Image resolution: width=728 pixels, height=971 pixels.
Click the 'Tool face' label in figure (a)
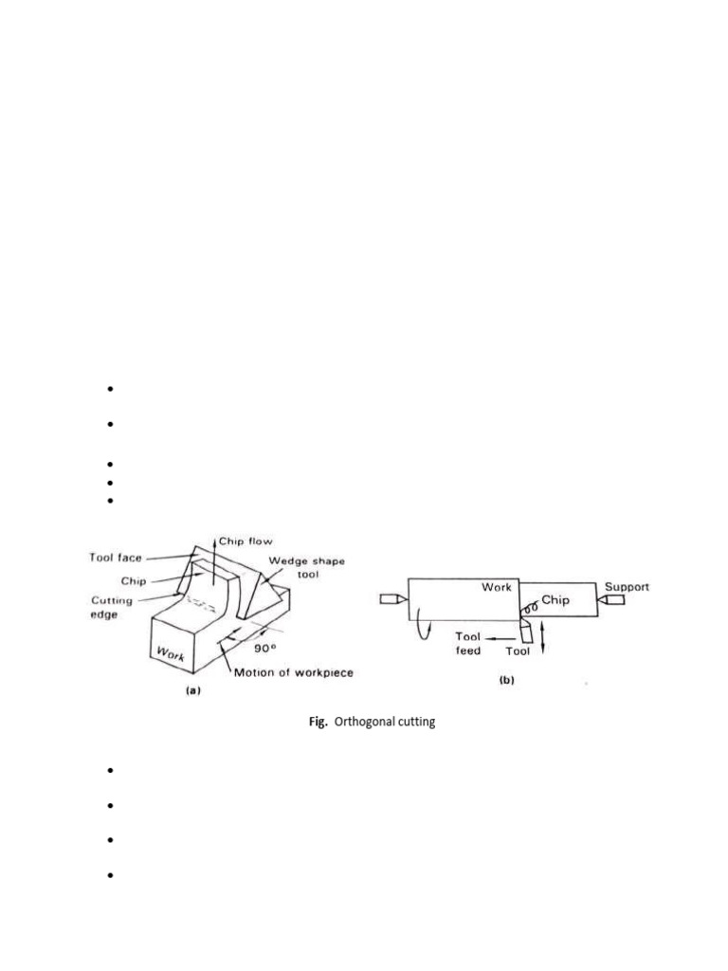[116, 559]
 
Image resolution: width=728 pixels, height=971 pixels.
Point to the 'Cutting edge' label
[112, 608]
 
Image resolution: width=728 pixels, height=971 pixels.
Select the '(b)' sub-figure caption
[508, 680]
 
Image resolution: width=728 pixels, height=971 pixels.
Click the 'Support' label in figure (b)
[628, 586]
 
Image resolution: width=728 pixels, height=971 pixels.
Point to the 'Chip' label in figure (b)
[555, 601]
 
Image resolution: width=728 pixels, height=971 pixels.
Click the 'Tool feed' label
[468, 644]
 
